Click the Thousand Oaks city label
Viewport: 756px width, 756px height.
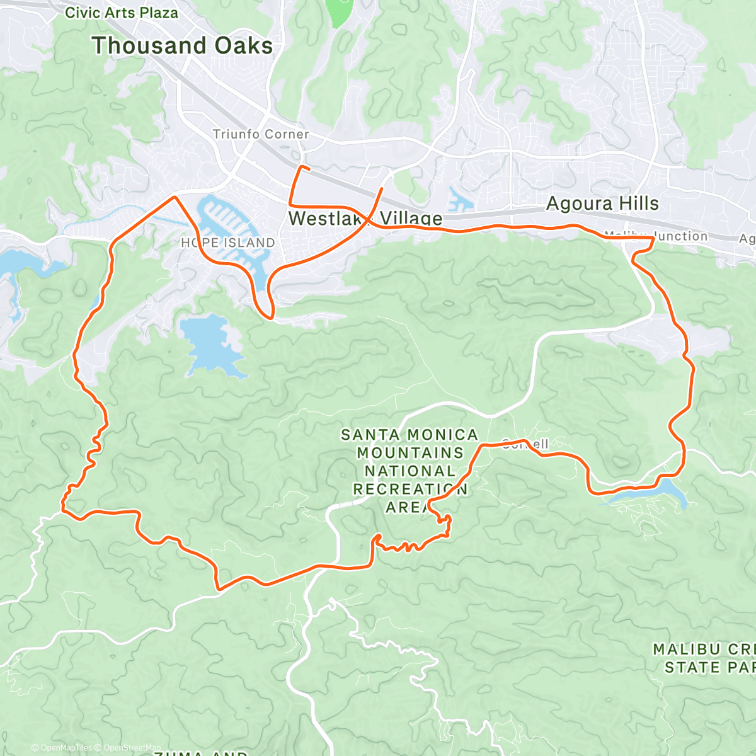[x=182, y=46]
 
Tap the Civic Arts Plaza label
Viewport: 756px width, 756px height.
[x=122, y=13]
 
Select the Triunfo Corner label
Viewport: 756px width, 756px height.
[x=261, y=134]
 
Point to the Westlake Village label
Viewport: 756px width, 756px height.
[x=365, y=219]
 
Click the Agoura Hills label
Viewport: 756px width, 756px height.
[x=602, y=203]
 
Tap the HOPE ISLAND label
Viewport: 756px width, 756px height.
[x=227, y=243]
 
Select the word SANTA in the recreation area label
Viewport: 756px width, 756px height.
[x=370, y=435]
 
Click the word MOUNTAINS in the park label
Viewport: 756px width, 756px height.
[x=410, y=453]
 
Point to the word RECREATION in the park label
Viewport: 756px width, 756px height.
[x=410, y=489]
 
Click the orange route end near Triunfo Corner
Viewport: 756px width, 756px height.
[x=309, y=168]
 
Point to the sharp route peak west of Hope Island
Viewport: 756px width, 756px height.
[x=175, y=197]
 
